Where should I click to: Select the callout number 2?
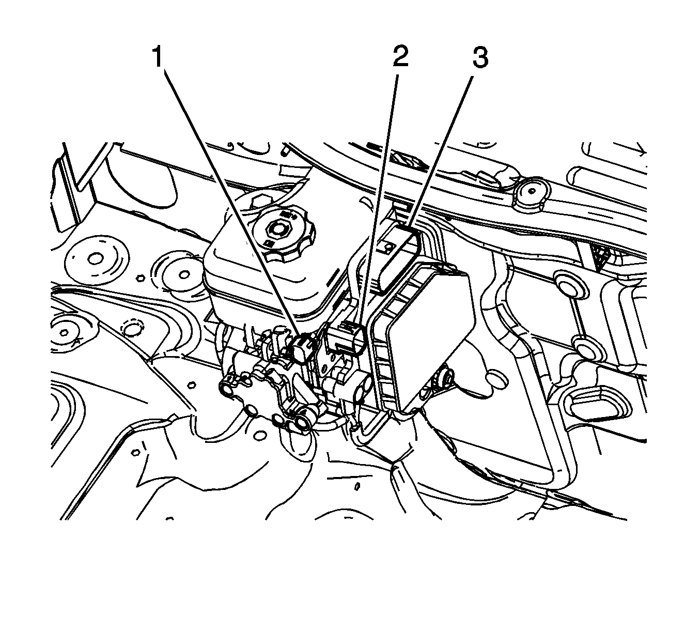(400, 56)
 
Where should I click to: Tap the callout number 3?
(480, 57)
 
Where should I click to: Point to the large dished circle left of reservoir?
(96, 259)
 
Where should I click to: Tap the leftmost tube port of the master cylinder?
(225, 388)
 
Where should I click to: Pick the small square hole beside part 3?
(388, 247)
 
